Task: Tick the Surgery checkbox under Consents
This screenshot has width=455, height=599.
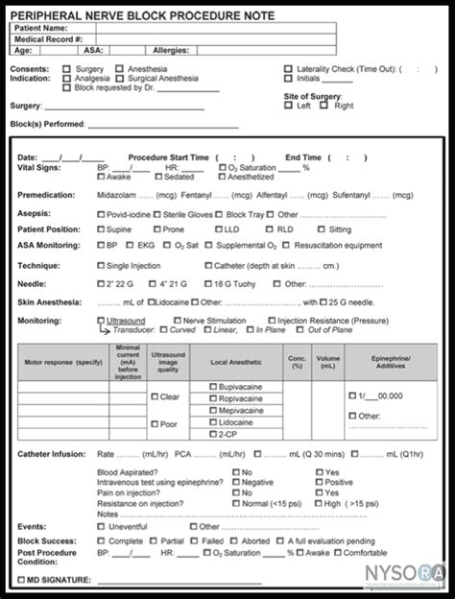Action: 66,69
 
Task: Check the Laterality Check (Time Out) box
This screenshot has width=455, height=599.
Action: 289,69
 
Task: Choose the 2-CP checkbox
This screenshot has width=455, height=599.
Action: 211,433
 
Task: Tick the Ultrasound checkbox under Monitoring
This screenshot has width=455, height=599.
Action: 101,320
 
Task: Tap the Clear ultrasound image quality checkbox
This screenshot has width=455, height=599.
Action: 155,395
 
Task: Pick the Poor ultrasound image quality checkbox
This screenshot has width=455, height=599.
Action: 155,422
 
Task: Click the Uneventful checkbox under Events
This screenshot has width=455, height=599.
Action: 101,526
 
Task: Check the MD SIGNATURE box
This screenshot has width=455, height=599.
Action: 22,580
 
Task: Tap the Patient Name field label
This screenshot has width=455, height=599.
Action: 43,28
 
